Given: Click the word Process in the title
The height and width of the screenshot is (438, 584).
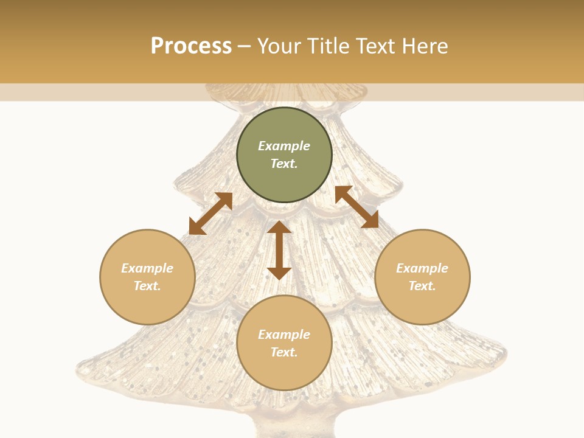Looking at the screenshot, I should point(191,46).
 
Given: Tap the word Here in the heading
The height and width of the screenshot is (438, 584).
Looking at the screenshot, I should point(424,46).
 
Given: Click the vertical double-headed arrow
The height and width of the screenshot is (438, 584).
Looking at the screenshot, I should point(279,250).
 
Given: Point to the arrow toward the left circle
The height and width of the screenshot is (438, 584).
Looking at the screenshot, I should point(210,214).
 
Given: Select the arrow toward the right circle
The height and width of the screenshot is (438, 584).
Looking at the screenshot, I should point(356,207).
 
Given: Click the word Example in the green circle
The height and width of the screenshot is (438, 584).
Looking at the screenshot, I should point(284,146).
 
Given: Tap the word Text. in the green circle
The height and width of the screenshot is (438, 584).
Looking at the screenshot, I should point(284,164).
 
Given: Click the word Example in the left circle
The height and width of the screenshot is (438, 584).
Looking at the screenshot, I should point(147,268).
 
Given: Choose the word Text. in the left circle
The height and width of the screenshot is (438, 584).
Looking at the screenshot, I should point(147,286).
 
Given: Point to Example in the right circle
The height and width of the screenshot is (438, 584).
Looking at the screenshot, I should point(422,268).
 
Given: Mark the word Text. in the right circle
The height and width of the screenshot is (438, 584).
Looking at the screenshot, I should point(422,286).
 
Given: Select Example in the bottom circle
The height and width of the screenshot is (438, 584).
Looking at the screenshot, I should point(284,335).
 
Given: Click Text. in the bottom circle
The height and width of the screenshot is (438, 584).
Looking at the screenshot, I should point(284,352).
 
